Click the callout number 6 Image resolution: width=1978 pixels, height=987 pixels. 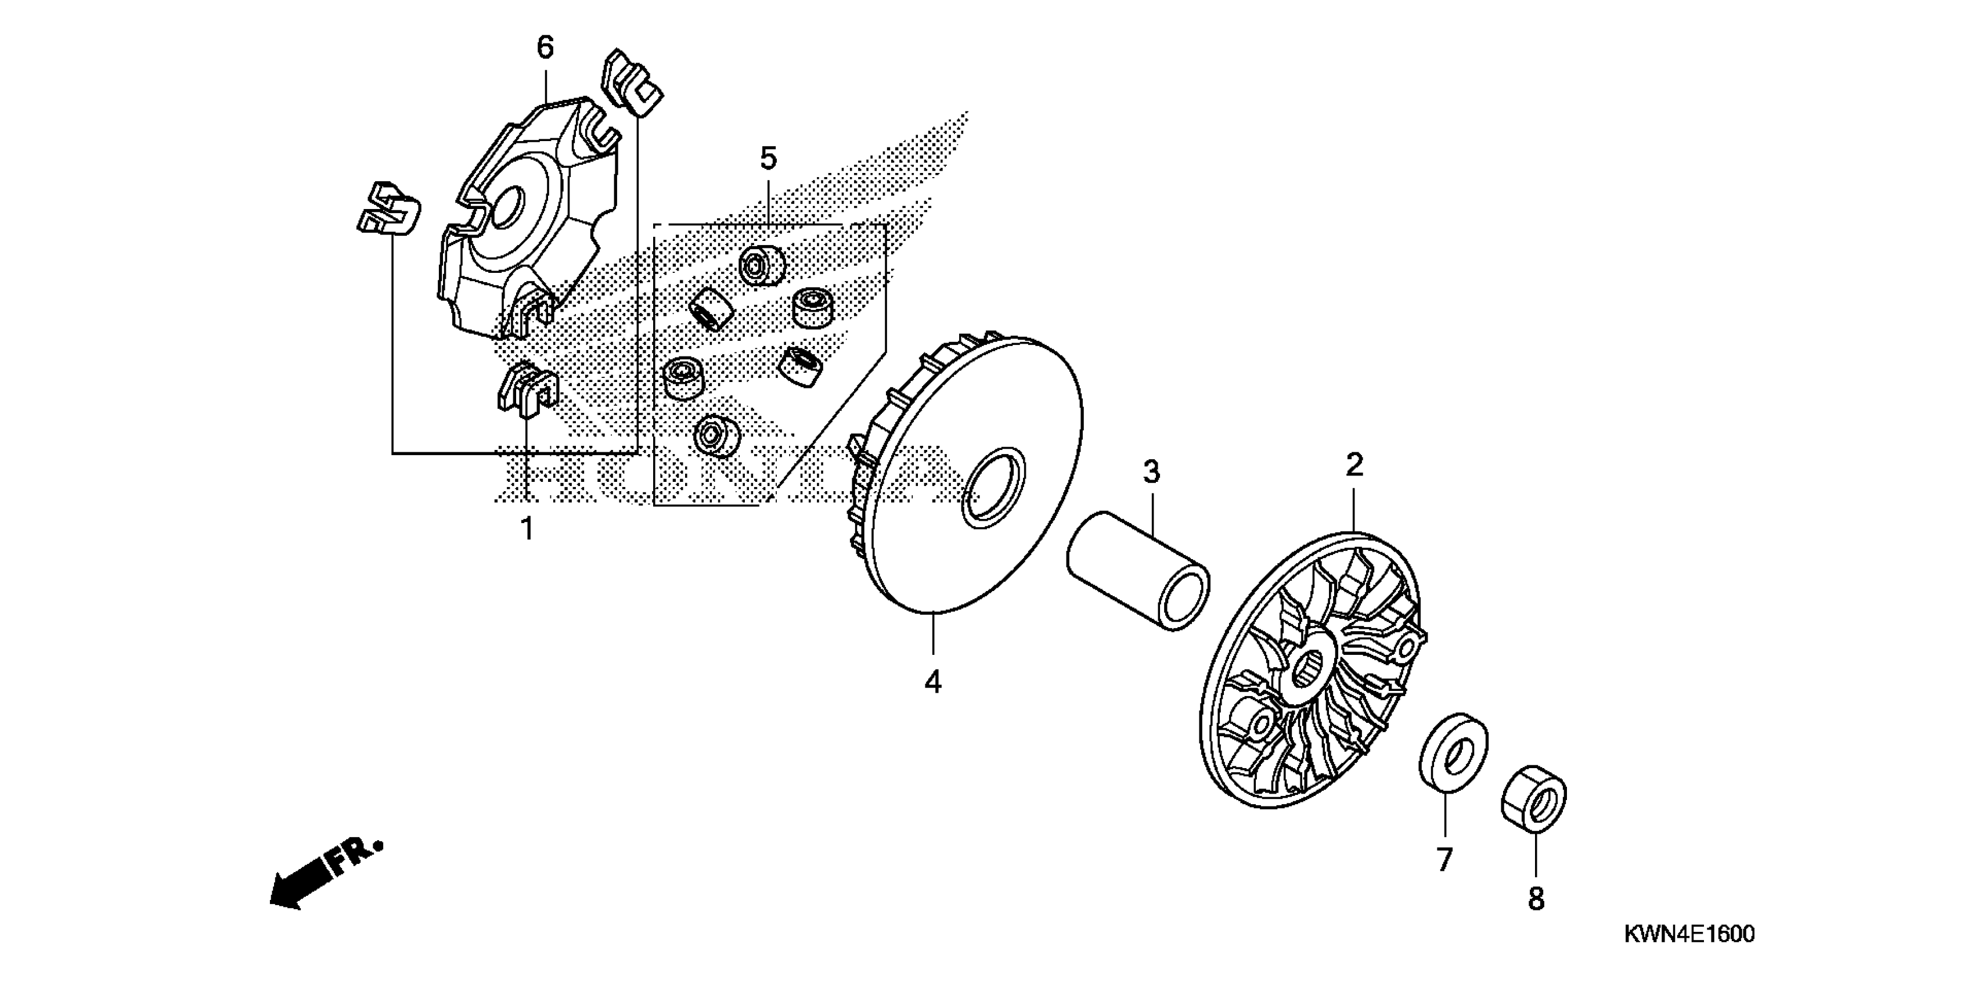click(545, 48)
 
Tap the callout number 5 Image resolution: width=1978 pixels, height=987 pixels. click(768, 159)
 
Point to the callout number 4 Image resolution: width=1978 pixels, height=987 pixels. click(933, 681)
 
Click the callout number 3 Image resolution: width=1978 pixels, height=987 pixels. click(1151, 471)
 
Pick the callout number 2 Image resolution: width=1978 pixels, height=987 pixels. click(1354, 464)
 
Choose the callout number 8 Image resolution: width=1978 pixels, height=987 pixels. click(1536, 899)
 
